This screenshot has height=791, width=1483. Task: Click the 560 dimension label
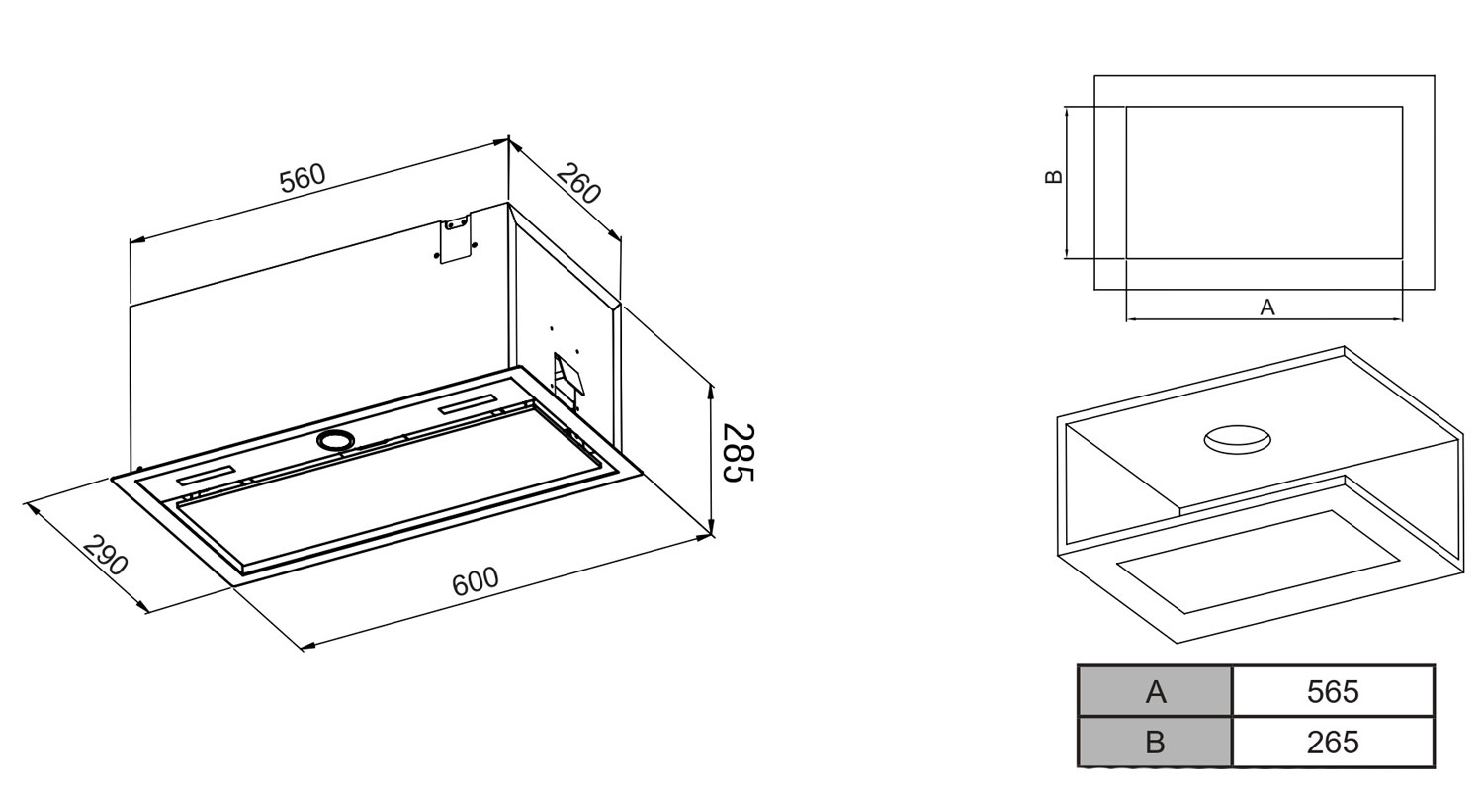pos(303,178)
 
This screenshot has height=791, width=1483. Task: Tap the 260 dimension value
pos(578,183)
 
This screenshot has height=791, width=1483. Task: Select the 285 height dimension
pos(738,453)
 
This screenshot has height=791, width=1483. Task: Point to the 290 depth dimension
pos(105,555)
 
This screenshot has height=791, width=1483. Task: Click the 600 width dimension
pos(475,581)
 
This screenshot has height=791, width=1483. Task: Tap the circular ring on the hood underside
pos(335,440)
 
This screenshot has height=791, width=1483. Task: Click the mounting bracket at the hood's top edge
pos(455,238)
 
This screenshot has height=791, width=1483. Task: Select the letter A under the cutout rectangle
pos(1267,308)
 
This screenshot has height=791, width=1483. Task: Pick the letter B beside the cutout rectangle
pos(1053,177)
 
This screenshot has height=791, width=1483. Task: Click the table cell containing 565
pos(1333,691)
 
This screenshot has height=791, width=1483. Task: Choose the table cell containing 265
pos(1333,742)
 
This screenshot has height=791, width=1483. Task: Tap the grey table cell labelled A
pos(1156,691)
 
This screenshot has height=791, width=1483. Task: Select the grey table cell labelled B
pos(1156,742)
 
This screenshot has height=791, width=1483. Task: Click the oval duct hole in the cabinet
pos(1237,440)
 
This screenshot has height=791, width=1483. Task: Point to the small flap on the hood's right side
pos(568,378)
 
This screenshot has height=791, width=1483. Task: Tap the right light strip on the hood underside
pos(468,403)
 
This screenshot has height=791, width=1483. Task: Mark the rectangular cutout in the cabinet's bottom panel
pos(1258,562)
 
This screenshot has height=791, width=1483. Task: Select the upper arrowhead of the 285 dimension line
pos(711,391)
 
